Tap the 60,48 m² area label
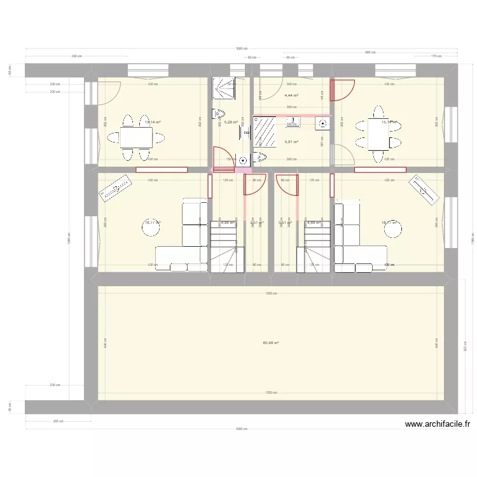271,343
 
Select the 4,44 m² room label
291,95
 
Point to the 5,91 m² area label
291,142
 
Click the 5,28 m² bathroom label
230,123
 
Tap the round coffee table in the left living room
150,229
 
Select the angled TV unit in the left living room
116,188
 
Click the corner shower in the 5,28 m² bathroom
224,89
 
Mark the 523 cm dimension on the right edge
464,348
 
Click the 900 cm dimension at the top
370,53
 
